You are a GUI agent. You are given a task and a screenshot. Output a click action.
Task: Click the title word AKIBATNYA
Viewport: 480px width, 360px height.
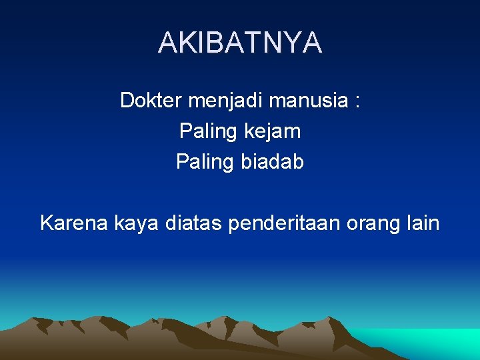tap(240, 43)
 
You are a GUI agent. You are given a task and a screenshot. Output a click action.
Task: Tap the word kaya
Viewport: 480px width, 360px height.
tap(136, 223)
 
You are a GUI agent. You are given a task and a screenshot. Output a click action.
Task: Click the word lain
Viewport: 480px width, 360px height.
tap(422, 223)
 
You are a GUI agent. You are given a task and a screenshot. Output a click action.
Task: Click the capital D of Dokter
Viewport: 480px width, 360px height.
tap(127, 101)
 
